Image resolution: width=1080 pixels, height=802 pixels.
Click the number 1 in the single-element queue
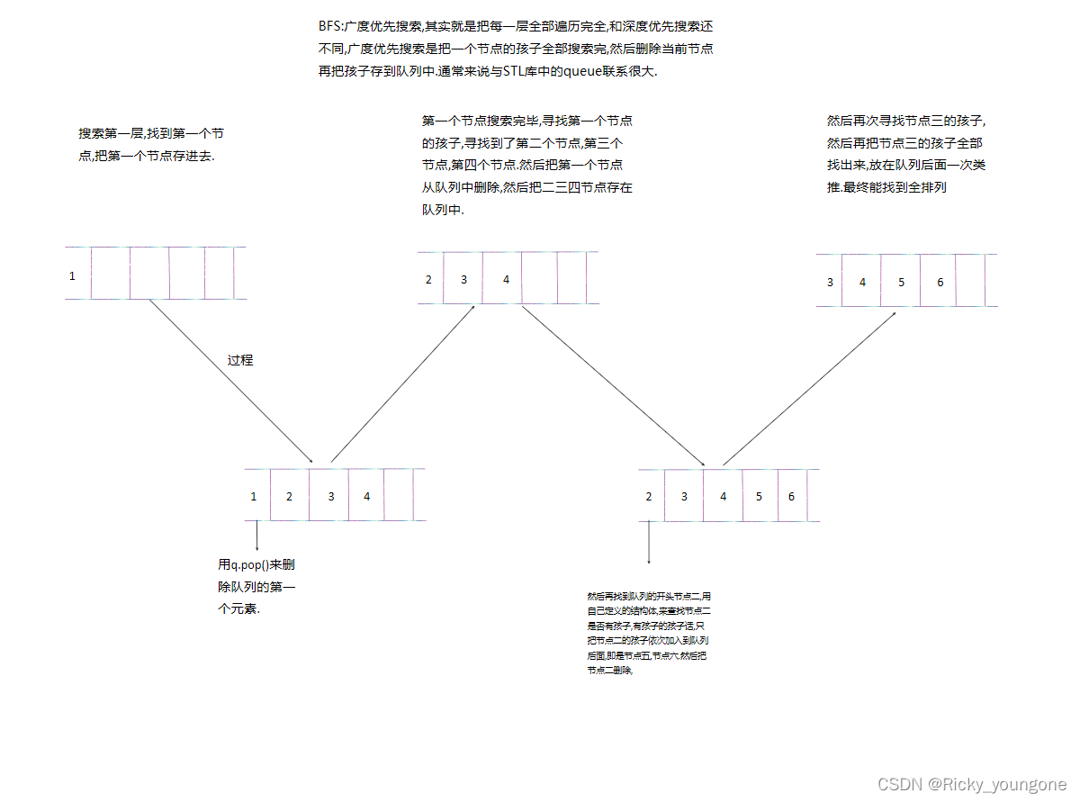tap(73, 276)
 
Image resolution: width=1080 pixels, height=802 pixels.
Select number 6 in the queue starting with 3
tap(940, 283)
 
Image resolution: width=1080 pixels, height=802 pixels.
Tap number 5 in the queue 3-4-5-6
tap(901, 283)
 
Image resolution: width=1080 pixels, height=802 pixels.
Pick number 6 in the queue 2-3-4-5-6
tap(791, 496)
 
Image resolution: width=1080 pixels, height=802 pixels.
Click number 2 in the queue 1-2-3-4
tap(289, 496)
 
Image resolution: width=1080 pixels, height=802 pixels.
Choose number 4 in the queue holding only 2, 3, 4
tap(506, 280)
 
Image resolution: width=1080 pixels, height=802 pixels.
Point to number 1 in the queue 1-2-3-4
tap(254, 496)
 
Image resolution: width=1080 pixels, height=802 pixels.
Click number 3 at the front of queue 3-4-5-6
tap(830, 283)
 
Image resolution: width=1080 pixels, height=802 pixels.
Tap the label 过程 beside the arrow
tap(240, 360)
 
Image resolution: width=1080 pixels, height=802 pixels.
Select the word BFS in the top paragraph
tap(329, 27)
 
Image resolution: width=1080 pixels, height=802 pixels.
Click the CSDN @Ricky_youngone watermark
tap(973, 784)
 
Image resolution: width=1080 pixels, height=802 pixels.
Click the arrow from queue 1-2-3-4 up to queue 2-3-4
tap(402, 383)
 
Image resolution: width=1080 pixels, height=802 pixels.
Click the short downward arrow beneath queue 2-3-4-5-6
tap(649, 542)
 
